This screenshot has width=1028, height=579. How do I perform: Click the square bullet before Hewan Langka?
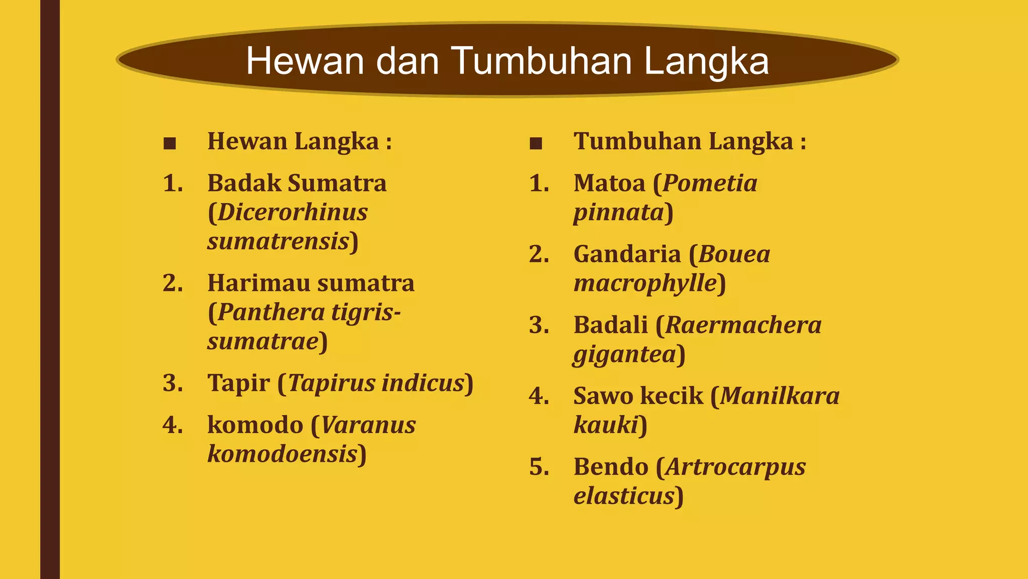click(x=170, y=144)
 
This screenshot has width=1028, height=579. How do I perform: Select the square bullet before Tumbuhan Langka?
click(x=536, y=144)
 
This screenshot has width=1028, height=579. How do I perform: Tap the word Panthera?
click(x=271, y=313)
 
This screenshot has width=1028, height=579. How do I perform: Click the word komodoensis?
click(x=282, y=454)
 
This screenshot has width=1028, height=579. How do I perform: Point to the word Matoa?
click(x=609, y=183)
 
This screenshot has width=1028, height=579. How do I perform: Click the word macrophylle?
click(x=645, y=283)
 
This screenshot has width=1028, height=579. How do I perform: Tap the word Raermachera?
click(x=743, y=325)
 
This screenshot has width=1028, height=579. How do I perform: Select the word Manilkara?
click(x=780, y=396)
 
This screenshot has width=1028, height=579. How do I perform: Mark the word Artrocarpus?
click(x=735, y=467)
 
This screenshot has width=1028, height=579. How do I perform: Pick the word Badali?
click(x=610, y=325)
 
